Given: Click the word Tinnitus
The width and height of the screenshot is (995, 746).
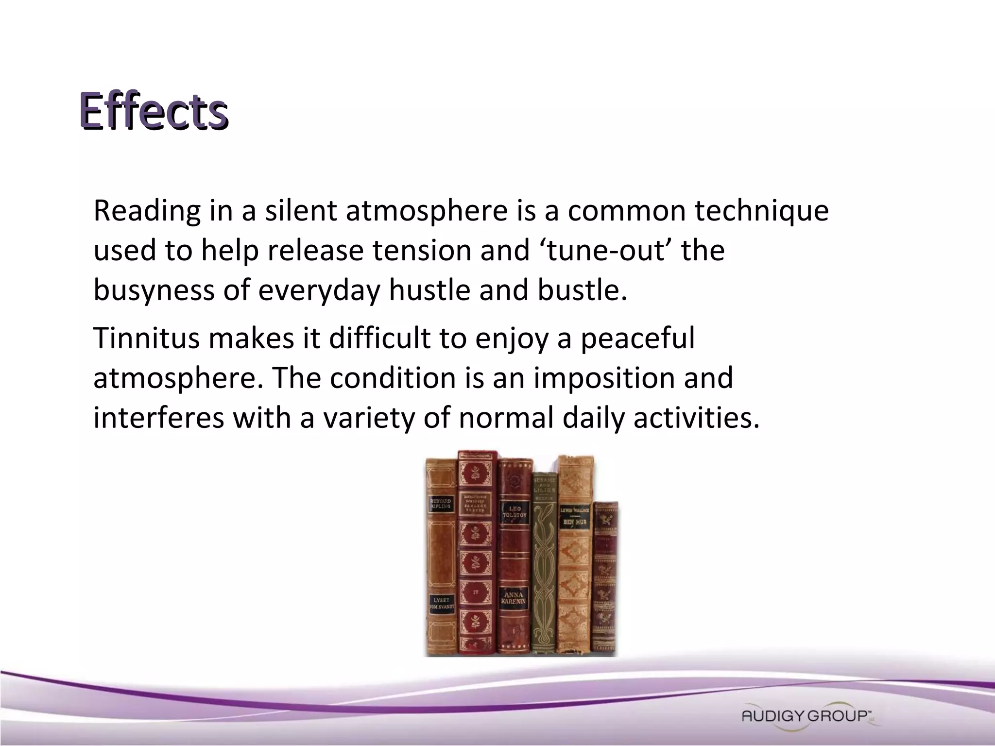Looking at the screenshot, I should click(x=146, y=338).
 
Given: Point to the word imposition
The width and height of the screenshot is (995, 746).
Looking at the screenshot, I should click(x=604, y=378).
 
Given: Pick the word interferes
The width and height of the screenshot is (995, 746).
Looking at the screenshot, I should click(x=158, y=418).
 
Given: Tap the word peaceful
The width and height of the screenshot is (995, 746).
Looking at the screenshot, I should click(x=637, y=338).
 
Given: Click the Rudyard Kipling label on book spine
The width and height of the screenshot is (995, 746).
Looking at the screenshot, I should click(x=441, y=503).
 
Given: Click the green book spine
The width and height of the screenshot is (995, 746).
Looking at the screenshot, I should click(x=545, y=563).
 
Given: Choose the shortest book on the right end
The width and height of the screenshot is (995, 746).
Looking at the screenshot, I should click(x=606, y=578).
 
